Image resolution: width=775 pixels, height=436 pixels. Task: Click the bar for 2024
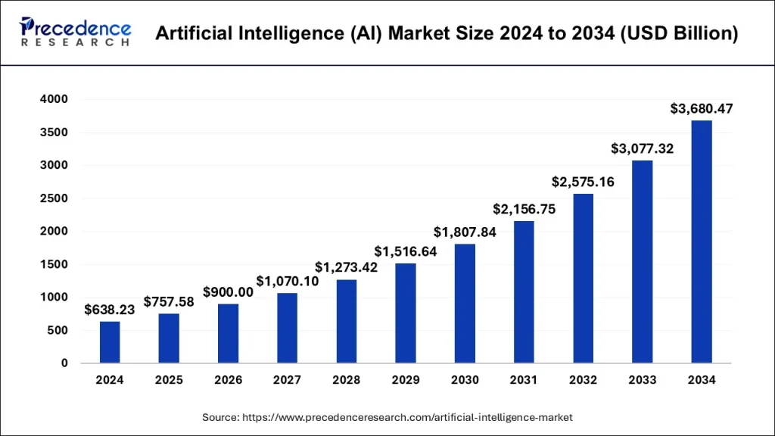point(110,342)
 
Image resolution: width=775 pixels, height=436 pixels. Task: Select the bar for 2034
point(702,242)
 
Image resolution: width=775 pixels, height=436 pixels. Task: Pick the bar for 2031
point(524,292)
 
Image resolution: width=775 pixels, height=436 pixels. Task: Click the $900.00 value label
point(228,292)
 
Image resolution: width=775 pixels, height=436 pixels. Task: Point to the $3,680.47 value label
point(702,109)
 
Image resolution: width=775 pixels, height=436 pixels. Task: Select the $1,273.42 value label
point(347,267)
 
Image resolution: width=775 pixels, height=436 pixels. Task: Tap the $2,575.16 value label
point(583,182)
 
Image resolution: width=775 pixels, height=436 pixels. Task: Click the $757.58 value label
point(169,302)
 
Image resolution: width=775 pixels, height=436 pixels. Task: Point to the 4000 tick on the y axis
point(54,99)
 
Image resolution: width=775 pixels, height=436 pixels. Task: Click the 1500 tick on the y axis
point(54,264)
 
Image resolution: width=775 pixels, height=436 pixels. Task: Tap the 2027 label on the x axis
point(287,380)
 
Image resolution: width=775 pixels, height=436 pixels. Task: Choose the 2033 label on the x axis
point(642,380)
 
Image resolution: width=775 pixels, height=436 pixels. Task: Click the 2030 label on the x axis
point(465,380)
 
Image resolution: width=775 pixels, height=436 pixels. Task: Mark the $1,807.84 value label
point(465,232)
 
